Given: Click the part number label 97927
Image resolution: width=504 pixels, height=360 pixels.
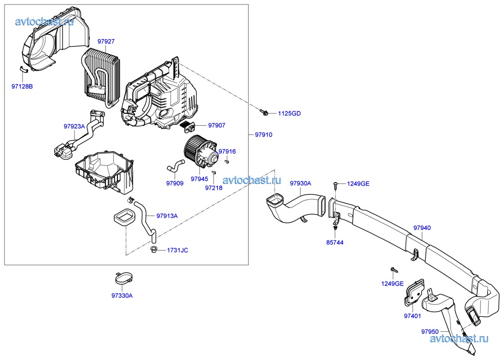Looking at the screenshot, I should pos(106,42).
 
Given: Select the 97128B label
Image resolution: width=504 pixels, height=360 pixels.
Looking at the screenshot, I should pos(22,87).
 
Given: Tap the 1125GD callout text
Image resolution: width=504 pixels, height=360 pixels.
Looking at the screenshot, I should pos(289,113).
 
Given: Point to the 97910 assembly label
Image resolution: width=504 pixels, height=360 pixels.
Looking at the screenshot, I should pos(264,135).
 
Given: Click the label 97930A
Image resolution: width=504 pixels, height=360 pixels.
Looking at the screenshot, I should pos(301,183).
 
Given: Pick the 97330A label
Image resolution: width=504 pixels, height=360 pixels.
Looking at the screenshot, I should pos(122,295).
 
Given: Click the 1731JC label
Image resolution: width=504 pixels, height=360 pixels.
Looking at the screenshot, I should pos(177,250).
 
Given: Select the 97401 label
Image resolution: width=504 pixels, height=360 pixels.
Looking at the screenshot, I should pos(412,316).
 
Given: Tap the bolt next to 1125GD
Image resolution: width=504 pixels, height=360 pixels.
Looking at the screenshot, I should pos(265,112).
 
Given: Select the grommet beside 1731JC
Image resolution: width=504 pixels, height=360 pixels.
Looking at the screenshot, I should pos(154,249).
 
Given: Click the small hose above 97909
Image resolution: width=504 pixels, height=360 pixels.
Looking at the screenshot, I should pos(175,166).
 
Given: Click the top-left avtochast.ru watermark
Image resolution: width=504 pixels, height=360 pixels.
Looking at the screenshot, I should pos(45,21).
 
